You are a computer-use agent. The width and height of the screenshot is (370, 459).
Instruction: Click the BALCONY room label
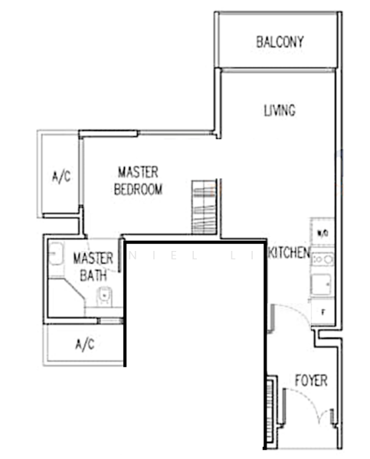click(x=279, y=41)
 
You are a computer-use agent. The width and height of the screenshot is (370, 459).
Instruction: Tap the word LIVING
click(x=280, y=111)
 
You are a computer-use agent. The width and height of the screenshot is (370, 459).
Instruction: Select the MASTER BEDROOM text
click(x=138, y=181)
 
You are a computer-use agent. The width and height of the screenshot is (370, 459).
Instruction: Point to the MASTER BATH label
click(x=93, y=265)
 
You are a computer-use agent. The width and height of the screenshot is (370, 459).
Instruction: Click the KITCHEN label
click(x=289, y=253)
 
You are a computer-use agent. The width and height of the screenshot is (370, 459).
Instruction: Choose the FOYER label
click(x=311, y=380)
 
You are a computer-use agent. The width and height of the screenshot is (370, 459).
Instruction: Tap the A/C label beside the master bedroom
click(x=61, y=176)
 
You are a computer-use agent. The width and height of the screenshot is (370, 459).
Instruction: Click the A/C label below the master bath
click(x=84, y=344)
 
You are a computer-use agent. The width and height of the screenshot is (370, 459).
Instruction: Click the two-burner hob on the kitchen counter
click(x=323, y=259)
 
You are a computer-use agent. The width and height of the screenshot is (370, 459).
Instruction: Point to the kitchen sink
click(x=323, y=284)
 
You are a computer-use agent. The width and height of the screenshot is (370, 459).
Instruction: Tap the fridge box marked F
click(x=323, y=312)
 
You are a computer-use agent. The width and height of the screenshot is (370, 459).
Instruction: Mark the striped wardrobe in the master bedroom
click(x=204, y=209)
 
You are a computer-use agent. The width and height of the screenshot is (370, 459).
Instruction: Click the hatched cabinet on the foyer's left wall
click(x=270, y=402)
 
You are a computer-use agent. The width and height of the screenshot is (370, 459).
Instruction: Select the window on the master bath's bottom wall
click(x=111, y=321)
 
